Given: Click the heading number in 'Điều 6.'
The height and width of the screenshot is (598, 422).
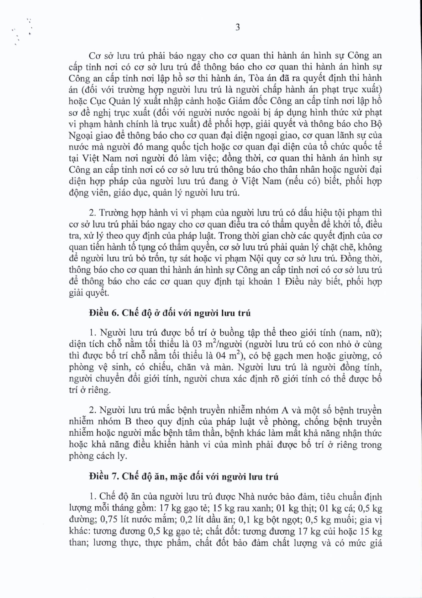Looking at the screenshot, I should coord(114,313).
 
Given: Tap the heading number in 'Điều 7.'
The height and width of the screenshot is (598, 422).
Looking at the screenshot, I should coord(114,476).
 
